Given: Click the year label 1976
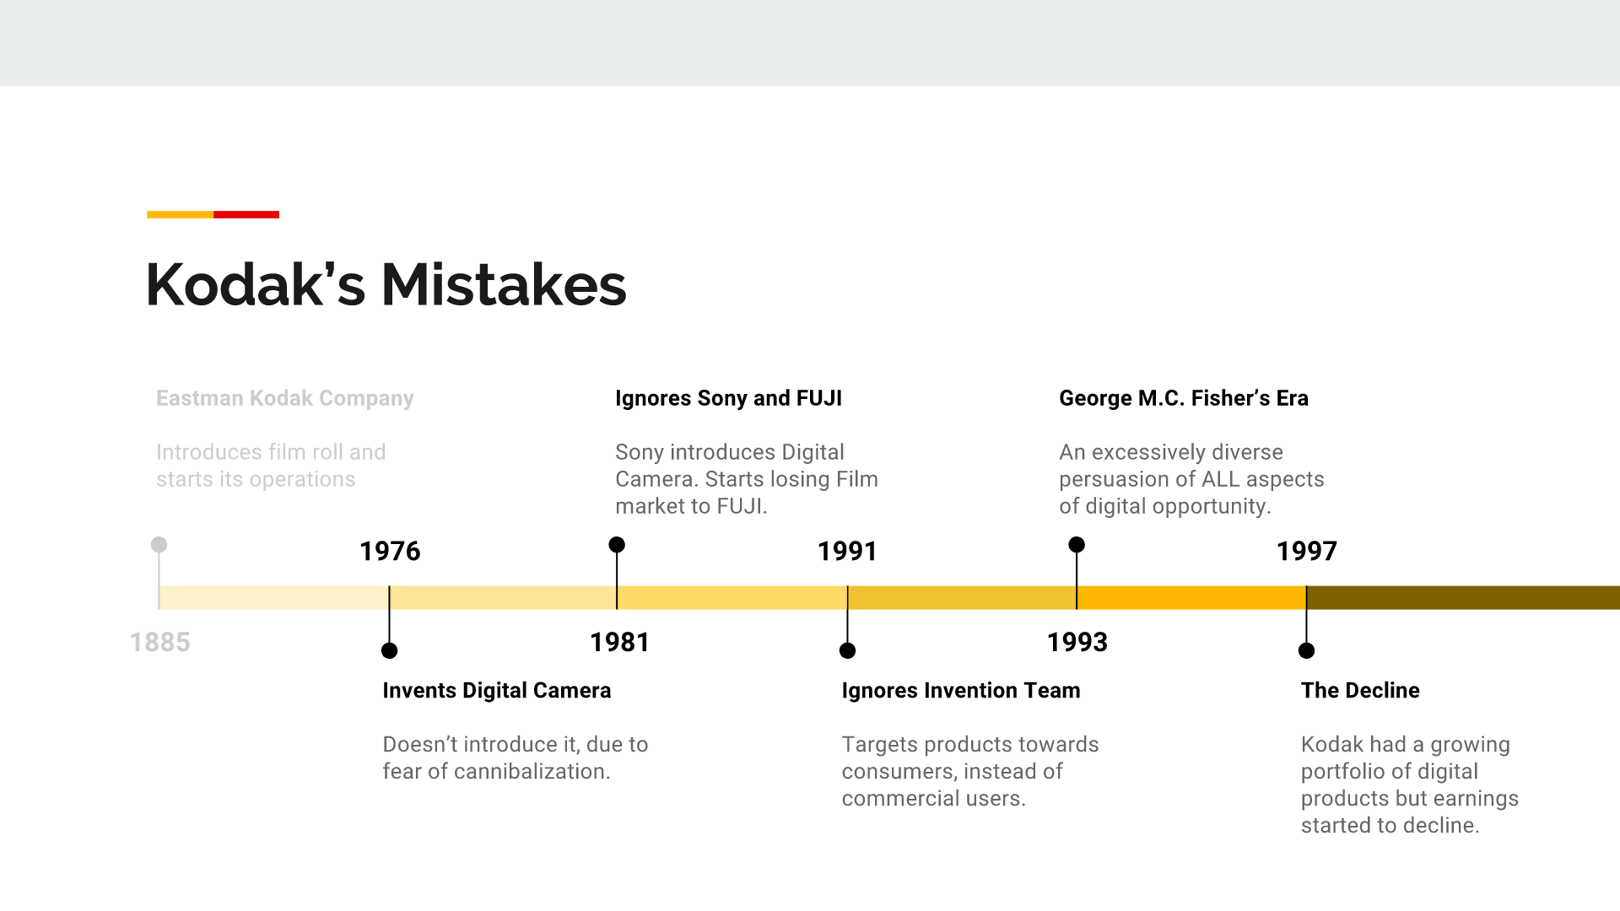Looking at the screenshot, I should click(x=390, y=551).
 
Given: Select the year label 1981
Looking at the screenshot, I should click(x=619, y=642).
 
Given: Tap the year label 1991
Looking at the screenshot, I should click(x=847, y=551).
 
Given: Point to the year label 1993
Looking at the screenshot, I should click(x=1077, y=642).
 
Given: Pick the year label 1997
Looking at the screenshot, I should click(x=1306, y=551).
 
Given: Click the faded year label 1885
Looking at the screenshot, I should click(x=160, y=642).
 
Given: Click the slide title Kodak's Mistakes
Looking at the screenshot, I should click(x=386, y=284).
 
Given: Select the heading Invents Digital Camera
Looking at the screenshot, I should click(x=496, y=690).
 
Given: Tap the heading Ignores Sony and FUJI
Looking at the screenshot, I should click(x=728, y=398).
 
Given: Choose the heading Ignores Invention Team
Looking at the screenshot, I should click(x=960, y=690).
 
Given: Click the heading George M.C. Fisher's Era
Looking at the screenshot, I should click(x=1183, y=398).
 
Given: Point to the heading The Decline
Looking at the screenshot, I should click(x=1359, y=690).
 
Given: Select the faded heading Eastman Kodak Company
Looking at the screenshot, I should click(x=284, y=398).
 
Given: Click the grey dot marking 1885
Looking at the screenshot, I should click(x=159, y=545).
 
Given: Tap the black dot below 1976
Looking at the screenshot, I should click(x=389, y=650).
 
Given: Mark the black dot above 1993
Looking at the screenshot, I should click(x=1077, y=545).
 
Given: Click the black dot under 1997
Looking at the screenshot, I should click(x=1306, y=650).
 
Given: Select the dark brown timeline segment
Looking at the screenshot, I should click(x=1463, y=597).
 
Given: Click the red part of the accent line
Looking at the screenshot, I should click(x=246, y=214).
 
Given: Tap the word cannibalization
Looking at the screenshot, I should click(x=531, y=771).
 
